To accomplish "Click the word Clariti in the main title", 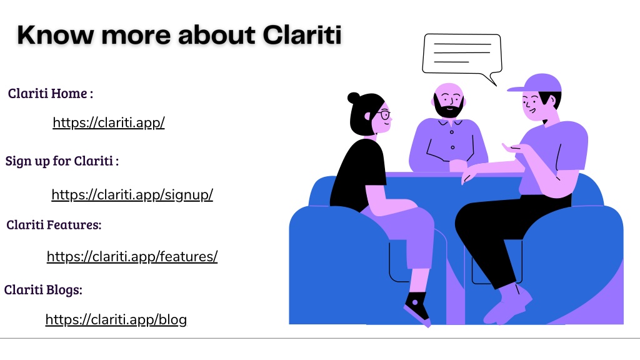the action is [x=302, y=35].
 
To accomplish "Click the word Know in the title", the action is [x=55, y=35].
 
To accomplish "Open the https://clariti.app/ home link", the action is [x=109, y=122].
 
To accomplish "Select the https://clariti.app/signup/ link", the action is [x=132, y=195].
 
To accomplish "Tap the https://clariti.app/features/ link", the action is [x=132, y=256].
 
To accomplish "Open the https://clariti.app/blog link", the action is [x=116, y=319].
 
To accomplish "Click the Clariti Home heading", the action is [x=50, y=94].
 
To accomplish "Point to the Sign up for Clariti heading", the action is [x=62, y=161].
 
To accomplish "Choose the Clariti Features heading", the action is [x=54, y=225].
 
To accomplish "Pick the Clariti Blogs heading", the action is [x=43, y=290].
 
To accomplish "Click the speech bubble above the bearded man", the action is [x=462, y=55].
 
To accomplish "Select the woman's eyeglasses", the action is [x=384, y=114].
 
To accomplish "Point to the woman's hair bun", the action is [x=354, y=98].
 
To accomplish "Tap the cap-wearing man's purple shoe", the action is [x=507, y=305].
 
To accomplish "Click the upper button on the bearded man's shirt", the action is [x=451, y=132].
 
